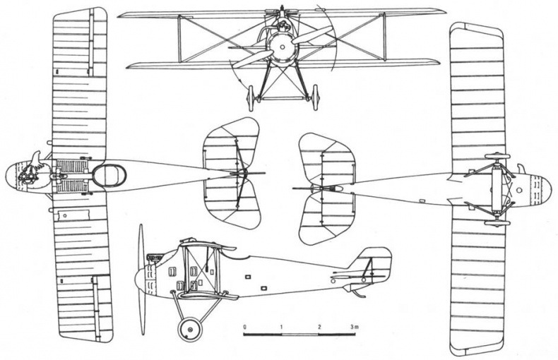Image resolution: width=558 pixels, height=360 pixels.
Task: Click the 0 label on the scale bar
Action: (x=244, y=327)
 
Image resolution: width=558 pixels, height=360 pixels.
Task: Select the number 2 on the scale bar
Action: (x=319, y=327)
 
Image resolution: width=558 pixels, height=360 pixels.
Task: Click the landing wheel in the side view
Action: (x=190, y=330)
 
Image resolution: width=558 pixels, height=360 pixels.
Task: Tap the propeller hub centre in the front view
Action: (x=282, y=47)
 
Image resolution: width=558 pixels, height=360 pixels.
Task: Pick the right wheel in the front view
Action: (x=314, y=97)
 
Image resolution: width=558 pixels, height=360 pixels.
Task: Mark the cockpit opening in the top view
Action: (x=109, y=175)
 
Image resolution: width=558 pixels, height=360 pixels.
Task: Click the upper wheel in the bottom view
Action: (x=497, y=156)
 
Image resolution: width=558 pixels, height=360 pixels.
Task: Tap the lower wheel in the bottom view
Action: (x=497, y=223)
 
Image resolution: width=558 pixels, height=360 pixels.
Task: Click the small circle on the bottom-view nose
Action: (x=519, y=191)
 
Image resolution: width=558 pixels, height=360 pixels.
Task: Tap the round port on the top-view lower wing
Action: (x=64, y=215)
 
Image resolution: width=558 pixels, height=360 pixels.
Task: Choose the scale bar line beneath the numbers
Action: (x=299, y=335)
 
